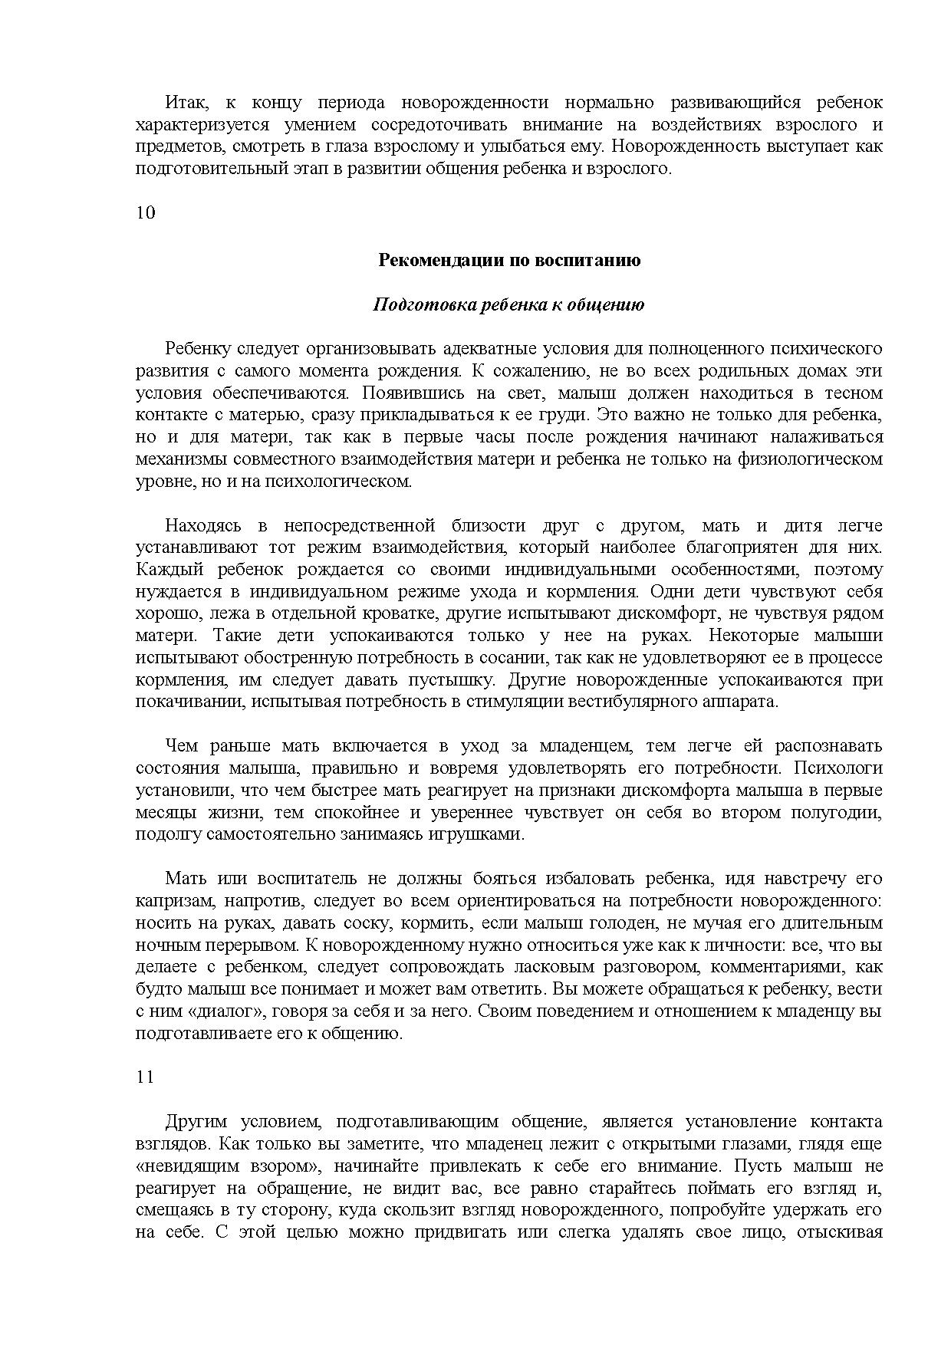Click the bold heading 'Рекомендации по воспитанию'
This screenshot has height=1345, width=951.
pyautogui.click(x=509, y=260)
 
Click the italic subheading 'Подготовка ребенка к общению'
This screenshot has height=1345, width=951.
pyautogui.click(x=508, y=304)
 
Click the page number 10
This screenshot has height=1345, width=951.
pyautogui.click(x=146, y=213)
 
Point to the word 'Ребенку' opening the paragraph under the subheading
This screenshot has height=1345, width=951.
pyautogui.click(x=197, y=349)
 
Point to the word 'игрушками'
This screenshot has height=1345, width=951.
pyautogui.click(x=484, y=834)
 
